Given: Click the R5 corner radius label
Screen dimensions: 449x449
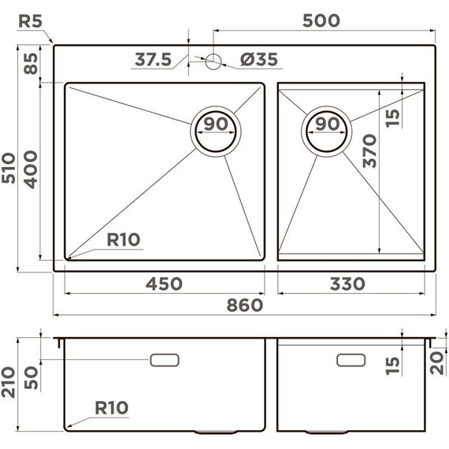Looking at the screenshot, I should click(x=29, y=20).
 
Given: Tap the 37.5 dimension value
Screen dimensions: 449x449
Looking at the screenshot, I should click(x=153, y=60).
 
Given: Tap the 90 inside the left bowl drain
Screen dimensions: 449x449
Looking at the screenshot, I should click(x=215, y=124).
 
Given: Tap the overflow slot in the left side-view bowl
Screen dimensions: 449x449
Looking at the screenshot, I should click(x=165, y=359).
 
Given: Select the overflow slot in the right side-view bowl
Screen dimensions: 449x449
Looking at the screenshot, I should click(x=351, y=359).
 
